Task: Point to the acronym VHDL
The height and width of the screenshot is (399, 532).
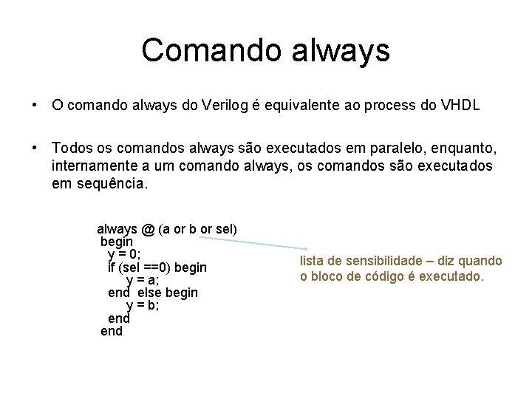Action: tap(460, 106)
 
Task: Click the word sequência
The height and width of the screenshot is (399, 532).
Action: tap(111, 183)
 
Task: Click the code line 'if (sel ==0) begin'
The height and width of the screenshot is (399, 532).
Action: tap(157, 267)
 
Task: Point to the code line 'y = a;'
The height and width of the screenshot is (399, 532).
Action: tap(143, 279)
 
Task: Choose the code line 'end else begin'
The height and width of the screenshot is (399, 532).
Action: tap(153, 293)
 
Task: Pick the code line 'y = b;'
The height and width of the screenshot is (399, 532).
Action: tap(143, 305)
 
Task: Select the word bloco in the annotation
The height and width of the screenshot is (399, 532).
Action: tap(330, 277)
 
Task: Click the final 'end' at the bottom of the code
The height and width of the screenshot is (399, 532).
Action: tap(112, 331)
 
